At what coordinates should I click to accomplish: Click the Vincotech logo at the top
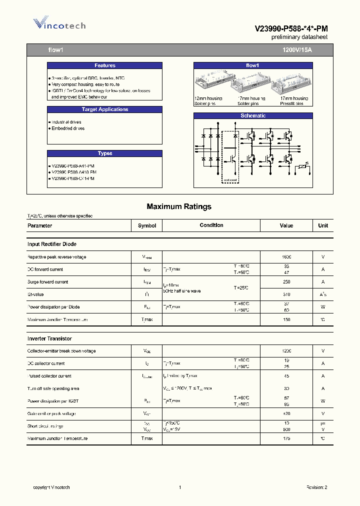59,24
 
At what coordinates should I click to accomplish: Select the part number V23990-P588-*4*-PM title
291,29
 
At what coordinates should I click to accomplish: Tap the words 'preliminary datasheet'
299,37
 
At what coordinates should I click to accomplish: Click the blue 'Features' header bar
104,65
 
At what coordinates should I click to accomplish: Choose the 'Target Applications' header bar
104,109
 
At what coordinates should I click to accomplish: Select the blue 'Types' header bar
104,153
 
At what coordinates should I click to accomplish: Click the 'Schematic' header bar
253,116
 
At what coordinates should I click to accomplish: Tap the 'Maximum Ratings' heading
179,206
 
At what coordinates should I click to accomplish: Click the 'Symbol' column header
147,225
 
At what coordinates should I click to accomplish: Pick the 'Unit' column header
323,225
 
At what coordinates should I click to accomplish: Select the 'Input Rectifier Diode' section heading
52,244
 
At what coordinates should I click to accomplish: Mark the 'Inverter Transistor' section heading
49,338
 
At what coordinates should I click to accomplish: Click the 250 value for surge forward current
286,282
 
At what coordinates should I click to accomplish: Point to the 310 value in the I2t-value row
286,294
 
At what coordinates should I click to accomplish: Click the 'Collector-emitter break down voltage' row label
61,351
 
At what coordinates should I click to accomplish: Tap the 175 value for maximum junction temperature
286,438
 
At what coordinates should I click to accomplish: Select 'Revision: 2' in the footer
316,487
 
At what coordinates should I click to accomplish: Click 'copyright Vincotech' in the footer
51,487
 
